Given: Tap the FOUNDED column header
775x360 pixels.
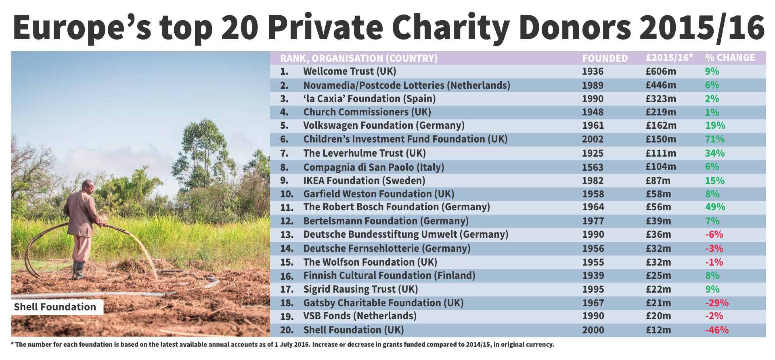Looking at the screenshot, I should tap(605, 59).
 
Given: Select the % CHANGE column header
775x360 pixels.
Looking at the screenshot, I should tap(730, 58).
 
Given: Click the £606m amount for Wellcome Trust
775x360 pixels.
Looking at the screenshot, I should tap(660, 71).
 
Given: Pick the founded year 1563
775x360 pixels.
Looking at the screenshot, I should tap(593, 167).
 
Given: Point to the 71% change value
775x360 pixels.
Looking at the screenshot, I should tap(714, 139).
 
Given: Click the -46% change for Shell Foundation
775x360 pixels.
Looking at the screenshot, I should tap(716, 330).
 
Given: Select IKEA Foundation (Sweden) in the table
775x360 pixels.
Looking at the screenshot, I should tap(364, 181).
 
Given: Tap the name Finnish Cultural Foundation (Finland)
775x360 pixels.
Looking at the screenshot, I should tap(389, 276).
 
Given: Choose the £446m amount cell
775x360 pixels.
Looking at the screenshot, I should tap(660, 85).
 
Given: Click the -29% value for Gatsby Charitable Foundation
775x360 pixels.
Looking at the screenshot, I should tap(716, 303).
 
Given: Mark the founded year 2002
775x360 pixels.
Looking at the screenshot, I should tap(593, 139).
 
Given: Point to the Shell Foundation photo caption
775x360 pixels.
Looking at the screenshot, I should tap(55, 307).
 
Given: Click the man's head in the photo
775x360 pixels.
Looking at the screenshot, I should tap(88, 186).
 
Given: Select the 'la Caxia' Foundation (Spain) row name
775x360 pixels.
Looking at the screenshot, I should tap(369, 99).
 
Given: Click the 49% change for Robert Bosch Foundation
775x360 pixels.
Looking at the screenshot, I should tap(715, 207).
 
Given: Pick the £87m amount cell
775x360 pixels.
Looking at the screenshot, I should tap(658, 181).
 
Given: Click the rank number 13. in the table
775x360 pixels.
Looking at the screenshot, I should tap(287, 235).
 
